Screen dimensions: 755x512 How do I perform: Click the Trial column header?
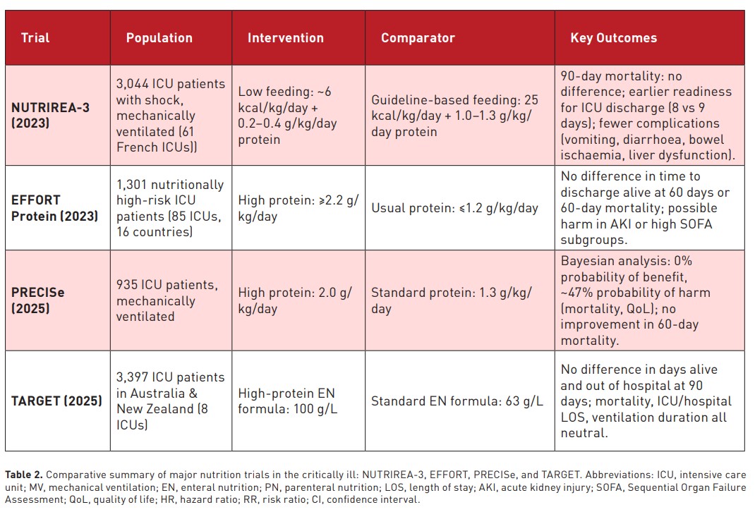point(35,38)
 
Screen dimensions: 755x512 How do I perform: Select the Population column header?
point(159,38)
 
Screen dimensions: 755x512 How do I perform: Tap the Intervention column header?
point(286,38)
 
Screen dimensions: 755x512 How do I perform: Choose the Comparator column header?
point(418,38)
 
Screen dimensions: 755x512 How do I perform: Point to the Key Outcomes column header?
point(613,38)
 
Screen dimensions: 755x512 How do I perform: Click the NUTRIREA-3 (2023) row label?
point(51,115)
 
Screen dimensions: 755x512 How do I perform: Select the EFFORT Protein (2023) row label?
point(54,208)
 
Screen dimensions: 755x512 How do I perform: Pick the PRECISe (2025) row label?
point(38,300)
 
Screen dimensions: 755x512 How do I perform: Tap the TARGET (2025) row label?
point(57,401)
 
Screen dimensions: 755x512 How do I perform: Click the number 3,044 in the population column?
point(133,84)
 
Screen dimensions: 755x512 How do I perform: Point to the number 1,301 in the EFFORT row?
point(132,185)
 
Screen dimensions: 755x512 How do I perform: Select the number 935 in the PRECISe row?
point(127,285)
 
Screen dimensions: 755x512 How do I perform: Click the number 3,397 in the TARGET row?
point(133,377)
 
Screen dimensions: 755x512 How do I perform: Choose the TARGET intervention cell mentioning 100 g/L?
point(287,401)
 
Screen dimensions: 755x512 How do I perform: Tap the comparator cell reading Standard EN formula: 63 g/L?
point(457,401)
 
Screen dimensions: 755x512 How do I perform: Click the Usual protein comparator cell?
point(454,208)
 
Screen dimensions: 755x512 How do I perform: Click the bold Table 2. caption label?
point(24,475)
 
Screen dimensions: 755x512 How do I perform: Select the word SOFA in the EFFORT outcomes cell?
point(696,224)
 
